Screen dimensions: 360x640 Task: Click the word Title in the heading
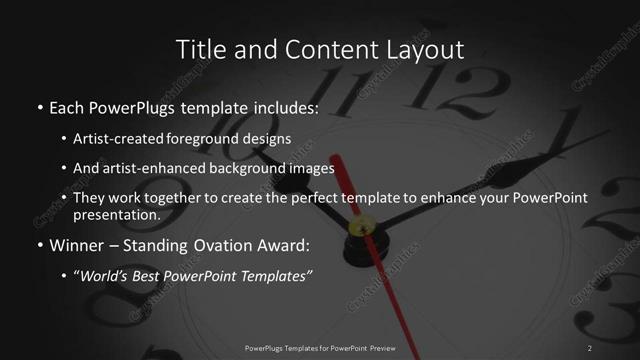click(197, 49)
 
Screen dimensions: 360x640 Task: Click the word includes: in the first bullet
click(284, 107)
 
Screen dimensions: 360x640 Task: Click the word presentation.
click(117, 214)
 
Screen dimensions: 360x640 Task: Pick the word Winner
click(76, 245)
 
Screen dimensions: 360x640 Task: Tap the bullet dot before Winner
click(39, 246)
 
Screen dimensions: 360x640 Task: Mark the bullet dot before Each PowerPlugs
click(39, 108)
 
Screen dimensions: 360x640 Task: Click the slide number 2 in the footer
click(590, 347)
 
